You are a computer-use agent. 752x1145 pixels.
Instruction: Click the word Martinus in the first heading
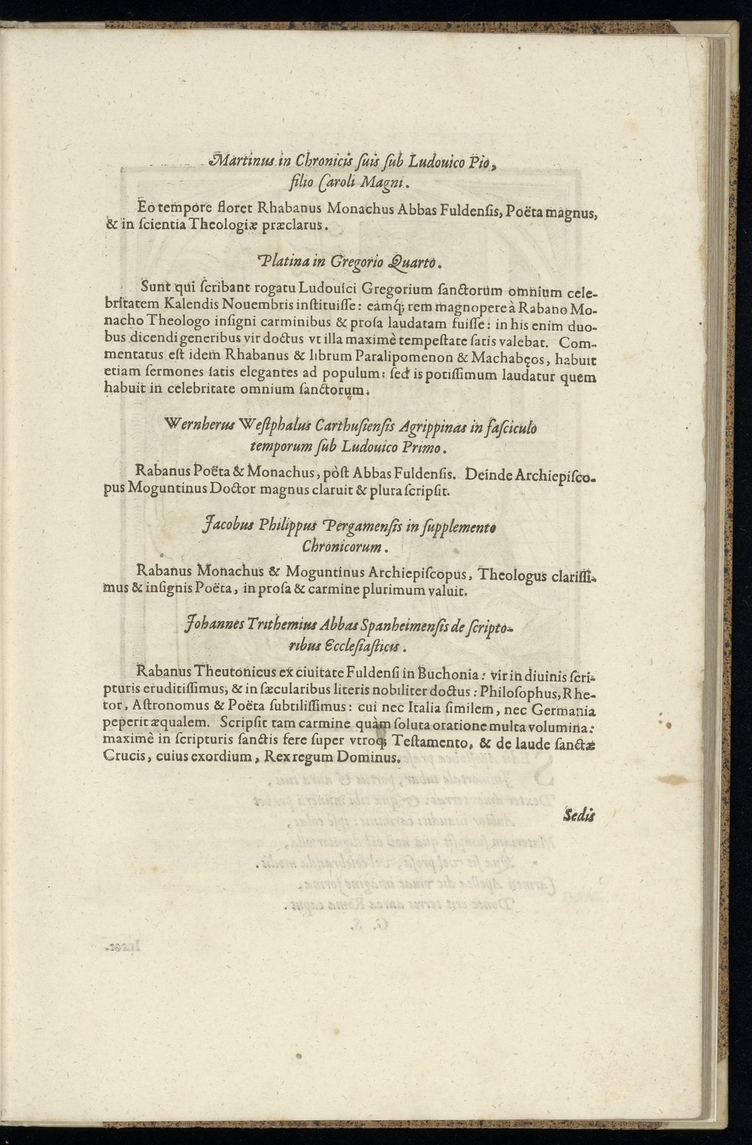point(238,162)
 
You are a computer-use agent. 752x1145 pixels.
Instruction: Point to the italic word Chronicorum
point(342,546)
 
